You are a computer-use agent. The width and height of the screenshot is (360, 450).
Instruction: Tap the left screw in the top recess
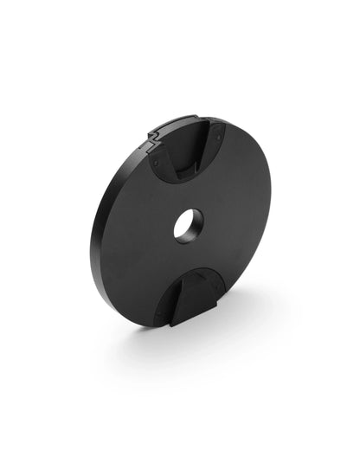(x=157, y=159)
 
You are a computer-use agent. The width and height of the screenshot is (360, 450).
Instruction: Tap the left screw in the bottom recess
(x=162, y=317)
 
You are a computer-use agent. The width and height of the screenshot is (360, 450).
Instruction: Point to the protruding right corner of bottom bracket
(x=219, y=305)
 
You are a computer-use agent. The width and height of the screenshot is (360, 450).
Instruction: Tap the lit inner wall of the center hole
(x=195, y=227)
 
